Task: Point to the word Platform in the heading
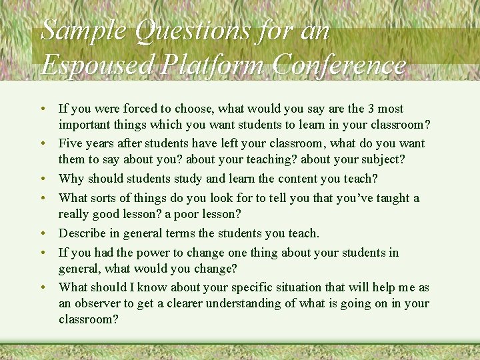coord(213,65)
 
